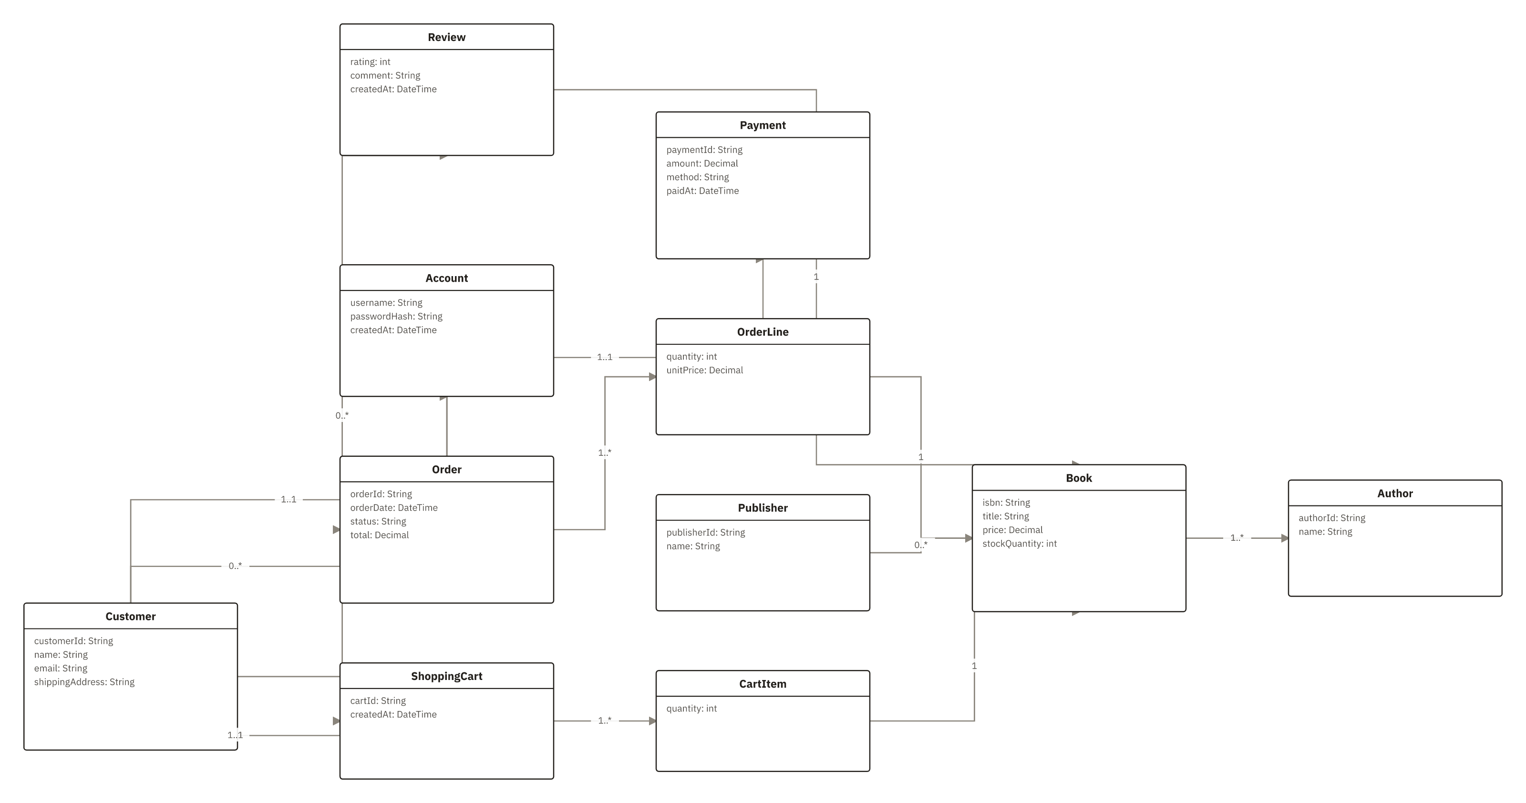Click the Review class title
point(447,37)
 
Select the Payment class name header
point(763,125)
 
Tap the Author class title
point(1394,493)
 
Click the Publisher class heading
point(763,507)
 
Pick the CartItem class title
point(763,683)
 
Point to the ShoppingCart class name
point(447,676)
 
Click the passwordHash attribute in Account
point(396,316)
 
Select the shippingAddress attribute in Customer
point(84,681)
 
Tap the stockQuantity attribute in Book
point(1020,544)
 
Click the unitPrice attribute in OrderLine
point(704,370)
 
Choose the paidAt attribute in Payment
point(702,191)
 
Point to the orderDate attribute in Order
point(394,507)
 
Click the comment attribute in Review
point(385,75)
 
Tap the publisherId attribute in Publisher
point(706,532)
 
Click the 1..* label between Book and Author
point(1237,538)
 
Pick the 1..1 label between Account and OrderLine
point(605,357)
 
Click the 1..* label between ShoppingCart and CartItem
point(605,720)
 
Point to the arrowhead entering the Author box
point(1284,538)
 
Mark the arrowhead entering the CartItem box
point(652,721)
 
